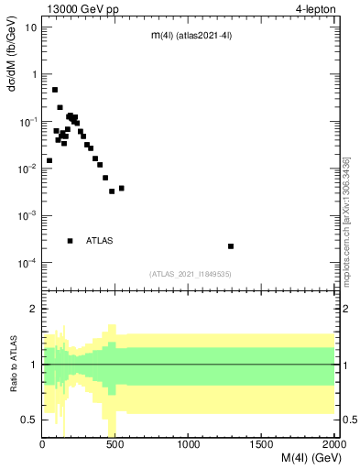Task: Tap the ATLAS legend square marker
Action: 70,241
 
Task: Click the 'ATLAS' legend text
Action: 100,241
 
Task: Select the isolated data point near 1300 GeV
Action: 231,246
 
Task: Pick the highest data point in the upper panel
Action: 55,90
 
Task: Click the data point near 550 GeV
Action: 122,189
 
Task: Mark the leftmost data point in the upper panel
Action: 49,160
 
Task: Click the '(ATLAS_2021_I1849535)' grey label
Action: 189,274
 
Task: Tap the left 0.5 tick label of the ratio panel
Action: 30,420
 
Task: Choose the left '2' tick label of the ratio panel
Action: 34,310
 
